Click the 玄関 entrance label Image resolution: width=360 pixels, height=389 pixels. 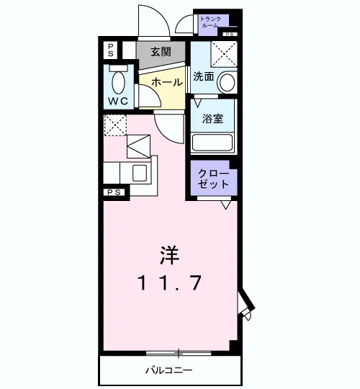click(161, 52)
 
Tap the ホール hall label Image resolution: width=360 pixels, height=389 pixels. click(167, 82)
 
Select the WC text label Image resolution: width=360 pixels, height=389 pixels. click(118, 101)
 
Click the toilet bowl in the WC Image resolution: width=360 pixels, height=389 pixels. click(118, 83)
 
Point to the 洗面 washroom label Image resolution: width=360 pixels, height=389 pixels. click(204, 76)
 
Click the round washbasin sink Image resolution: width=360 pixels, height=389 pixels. click(227, 82)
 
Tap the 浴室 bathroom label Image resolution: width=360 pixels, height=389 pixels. click(212, 119)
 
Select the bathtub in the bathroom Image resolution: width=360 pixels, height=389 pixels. click(212, 143)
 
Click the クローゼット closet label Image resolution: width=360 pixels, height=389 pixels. click(213, 179)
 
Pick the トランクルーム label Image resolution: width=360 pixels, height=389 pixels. click(210, 22)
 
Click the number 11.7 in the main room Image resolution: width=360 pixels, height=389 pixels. click(169, 283)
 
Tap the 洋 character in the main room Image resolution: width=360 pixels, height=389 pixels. click(170, 255)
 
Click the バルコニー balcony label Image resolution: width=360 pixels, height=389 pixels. click(169, 370)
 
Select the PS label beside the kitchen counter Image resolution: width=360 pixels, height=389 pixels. click(114, 192)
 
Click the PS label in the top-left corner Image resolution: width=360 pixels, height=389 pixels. click(111, 50)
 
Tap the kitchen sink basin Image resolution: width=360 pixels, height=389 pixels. click(140, 173)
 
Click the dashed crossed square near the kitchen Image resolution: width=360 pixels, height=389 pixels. click(115, 125)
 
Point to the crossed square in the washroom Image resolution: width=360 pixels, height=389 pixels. click(224, 54)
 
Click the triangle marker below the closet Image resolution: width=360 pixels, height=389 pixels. click(226, 205)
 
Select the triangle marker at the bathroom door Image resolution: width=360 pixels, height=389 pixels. click(197, 103)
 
